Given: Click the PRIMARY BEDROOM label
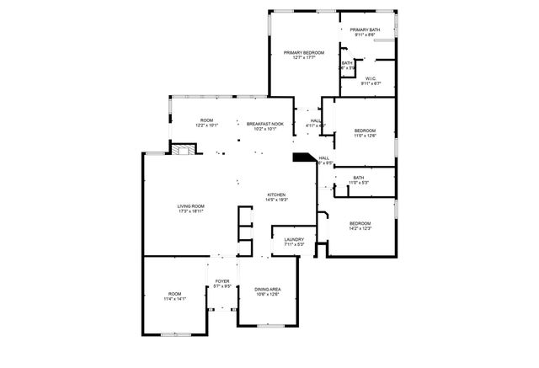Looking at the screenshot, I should click(303, 52).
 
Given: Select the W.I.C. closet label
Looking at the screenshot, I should click(371, 78).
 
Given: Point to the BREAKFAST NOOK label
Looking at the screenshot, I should click(264, 124).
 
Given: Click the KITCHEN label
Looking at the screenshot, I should click(277, 195).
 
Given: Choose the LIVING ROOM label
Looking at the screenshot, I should click(191, 206).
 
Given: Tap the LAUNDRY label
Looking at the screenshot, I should click(293, 239).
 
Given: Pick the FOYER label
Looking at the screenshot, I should click(222, 281).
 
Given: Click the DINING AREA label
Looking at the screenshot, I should click(268, 289).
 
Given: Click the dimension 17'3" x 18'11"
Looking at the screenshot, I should click(191, 212).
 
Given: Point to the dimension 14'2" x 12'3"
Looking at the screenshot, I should click(360, 228).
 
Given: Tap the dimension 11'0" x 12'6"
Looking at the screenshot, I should click(365, 136).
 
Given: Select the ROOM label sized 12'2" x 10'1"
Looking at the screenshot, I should click(206, 120).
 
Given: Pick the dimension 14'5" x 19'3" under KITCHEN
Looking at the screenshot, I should click(277, 200).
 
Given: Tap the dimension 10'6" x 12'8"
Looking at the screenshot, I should click(268, 295).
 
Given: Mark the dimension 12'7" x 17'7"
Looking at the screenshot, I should click(303, 58).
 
